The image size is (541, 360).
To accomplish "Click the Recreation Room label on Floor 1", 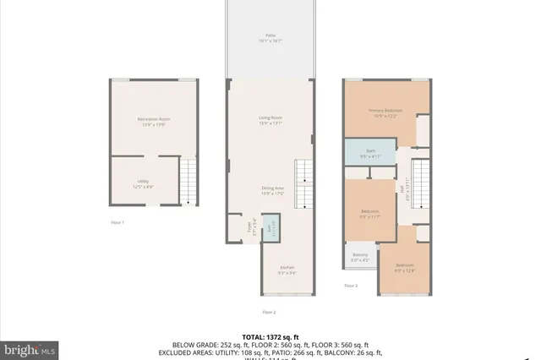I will [x=154, y=121].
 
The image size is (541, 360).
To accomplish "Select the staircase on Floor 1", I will [x=193, y=181].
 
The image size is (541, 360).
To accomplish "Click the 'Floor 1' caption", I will [x=117, y=222].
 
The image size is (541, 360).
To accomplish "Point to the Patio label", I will [x=270, y=36].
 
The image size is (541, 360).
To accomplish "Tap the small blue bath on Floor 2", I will [x=270, y=229].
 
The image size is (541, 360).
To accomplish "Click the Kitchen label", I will [x=288, y=270].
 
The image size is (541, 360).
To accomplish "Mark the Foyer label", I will [x=249, y=226].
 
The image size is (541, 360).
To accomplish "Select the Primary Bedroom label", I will [x=385, y=113].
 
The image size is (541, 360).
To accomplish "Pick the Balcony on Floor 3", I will [x=360, y=259].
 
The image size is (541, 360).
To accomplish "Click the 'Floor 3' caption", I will [x=351, y=286].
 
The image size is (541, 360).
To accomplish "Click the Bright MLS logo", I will [x=30, y=348].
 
